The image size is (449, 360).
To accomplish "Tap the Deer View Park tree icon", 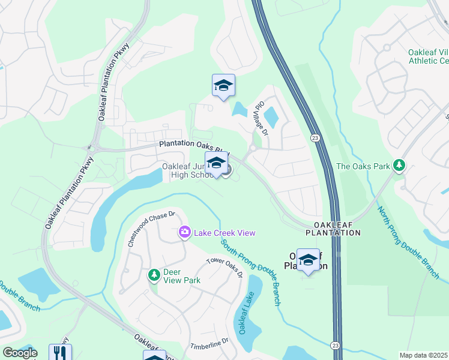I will pos(154,275).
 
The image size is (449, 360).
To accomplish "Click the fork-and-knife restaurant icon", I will pos(60,352).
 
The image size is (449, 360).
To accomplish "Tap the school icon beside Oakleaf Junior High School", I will pos(216,163).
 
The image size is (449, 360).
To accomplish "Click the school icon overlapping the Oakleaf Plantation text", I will pos(308,260).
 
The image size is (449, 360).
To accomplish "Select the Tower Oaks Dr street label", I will pos(224,268).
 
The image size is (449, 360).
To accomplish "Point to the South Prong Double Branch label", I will pos(250,272).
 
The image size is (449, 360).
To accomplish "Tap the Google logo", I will pos(20,353).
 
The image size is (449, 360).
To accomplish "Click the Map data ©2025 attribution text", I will pos(423,355).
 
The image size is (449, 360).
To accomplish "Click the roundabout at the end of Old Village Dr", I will pos(253,148).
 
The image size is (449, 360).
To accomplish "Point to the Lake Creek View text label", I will pos(224,233).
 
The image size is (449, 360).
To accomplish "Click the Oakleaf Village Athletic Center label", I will pos(428,56).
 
